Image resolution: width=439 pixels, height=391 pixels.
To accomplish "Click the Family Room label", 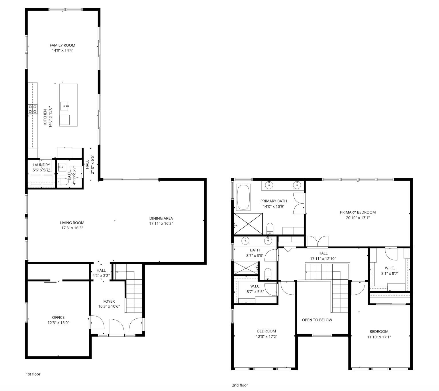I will [x=62, y=45].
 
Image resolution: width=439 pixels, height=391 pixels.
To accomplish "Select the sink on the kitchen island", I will [x=65, y=106].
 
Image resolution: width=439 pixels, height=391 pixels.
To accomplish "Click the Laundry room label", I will [x=41, y=165].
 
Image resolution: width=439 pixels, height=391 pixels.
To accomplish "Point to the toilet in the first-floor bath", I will [x=63, y=181].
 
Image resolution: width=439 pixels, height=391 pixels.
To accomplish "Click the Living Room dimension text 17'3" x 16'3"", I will [x=72, y=228].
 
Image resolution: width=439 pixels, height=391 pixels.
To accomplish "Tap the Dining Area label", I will [x=161, y=218].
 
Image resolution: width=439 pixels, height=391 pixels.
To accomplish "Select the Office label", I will [x=58, y=317].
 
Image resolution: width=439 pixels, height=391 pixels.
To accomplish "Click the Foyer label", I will [x=109, y=301].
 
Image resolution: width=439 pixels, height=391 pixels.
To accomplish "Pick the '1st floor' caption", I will [x=33, y=374].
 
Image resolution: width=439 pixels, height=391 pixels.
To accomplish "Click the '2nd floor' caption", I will [x=240, y=385].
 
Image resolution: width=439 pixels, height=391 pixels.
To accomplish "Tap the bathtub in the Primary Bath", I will [x=243, y=197].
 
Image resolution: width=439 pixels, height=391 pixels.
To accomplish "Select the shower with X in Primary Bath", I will [x=248, y=224].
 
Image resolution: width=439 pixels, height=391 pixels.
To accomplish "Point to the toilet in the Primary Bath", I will [x=270, y=228].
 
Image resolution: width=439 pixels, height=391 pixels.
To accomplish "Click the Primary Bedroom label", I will [x=358, y=212].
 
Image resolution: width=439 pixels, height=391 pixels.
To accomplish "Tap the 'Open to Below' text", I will [x=317, y=320].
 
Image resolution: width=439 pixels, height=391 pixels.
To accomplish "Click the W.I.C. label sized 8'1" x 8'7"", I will [x=390, y=268].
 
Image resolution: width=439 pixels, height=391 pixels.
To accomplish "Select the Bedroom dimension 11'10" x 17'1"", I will [x=379, y=337].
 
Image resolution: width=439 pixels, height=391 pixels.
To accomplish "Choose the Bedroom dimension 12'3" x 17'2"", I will [x=266, y=337].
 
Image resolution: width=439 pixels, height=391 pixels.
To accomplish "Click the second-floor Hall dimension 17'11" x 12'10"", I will [x=323, y=259].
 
